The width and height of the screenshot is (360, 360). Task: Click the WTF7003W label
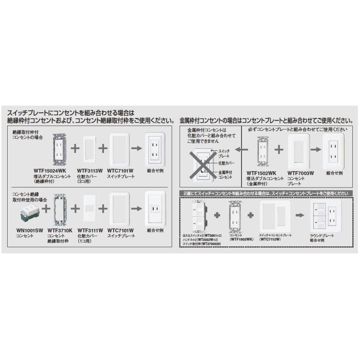coord(300,173)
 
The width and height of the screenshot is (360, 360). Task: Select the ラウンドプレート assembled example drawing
coord(326,216)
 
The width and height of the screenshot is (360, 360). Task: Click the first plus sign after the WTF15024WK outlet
coord(75,149)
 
